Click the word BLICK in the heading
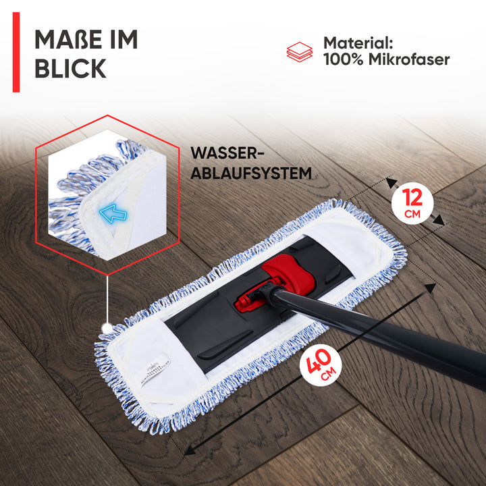(x=70, y=68)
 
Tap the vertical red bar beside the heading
(x=16, y=52)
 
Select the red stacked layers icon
(x=300, y=52)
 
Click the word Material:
(x=358, y=43)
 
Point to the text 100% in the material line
(x=343, y=59)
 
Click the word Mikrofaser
(x=409, y=59)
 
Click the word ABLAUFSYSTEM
(x=251, y=173)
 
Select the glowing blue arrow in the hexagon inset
(x=113, y=213)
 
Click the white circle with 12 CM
(x=412, y=203)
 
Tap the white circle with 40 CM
(x=321, y=365)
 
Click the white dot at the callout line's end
(x=107, y=328)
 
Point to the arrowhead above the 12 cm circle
(x=391, y=183)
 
